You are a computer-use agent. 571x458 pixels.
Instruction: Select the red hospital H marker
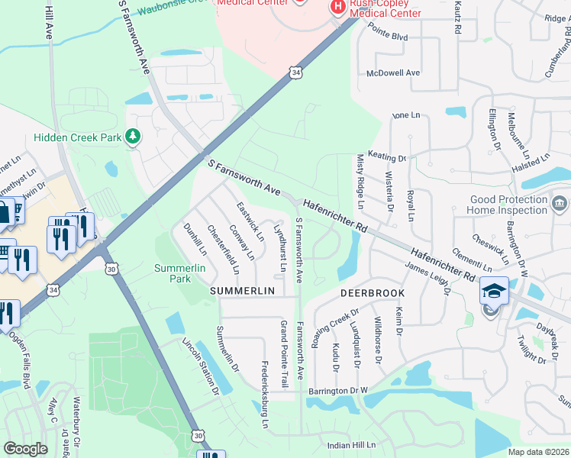point(337,7)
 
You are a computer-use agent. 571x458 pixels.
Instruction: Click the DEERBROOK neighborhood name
point(372,292)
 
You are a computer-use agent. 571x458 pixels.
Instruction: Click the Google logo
point(25,449)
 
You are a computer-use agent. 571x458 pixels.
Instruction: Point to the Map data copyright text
point(539,452)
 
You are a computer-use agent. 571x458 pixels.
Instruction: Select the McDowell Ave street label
point(393,73)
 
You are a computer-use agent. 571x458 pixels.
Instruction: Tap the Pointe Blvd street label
point(388,37)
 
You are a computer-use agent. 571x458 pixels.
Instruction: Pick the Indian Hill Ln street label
point(352,444)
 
